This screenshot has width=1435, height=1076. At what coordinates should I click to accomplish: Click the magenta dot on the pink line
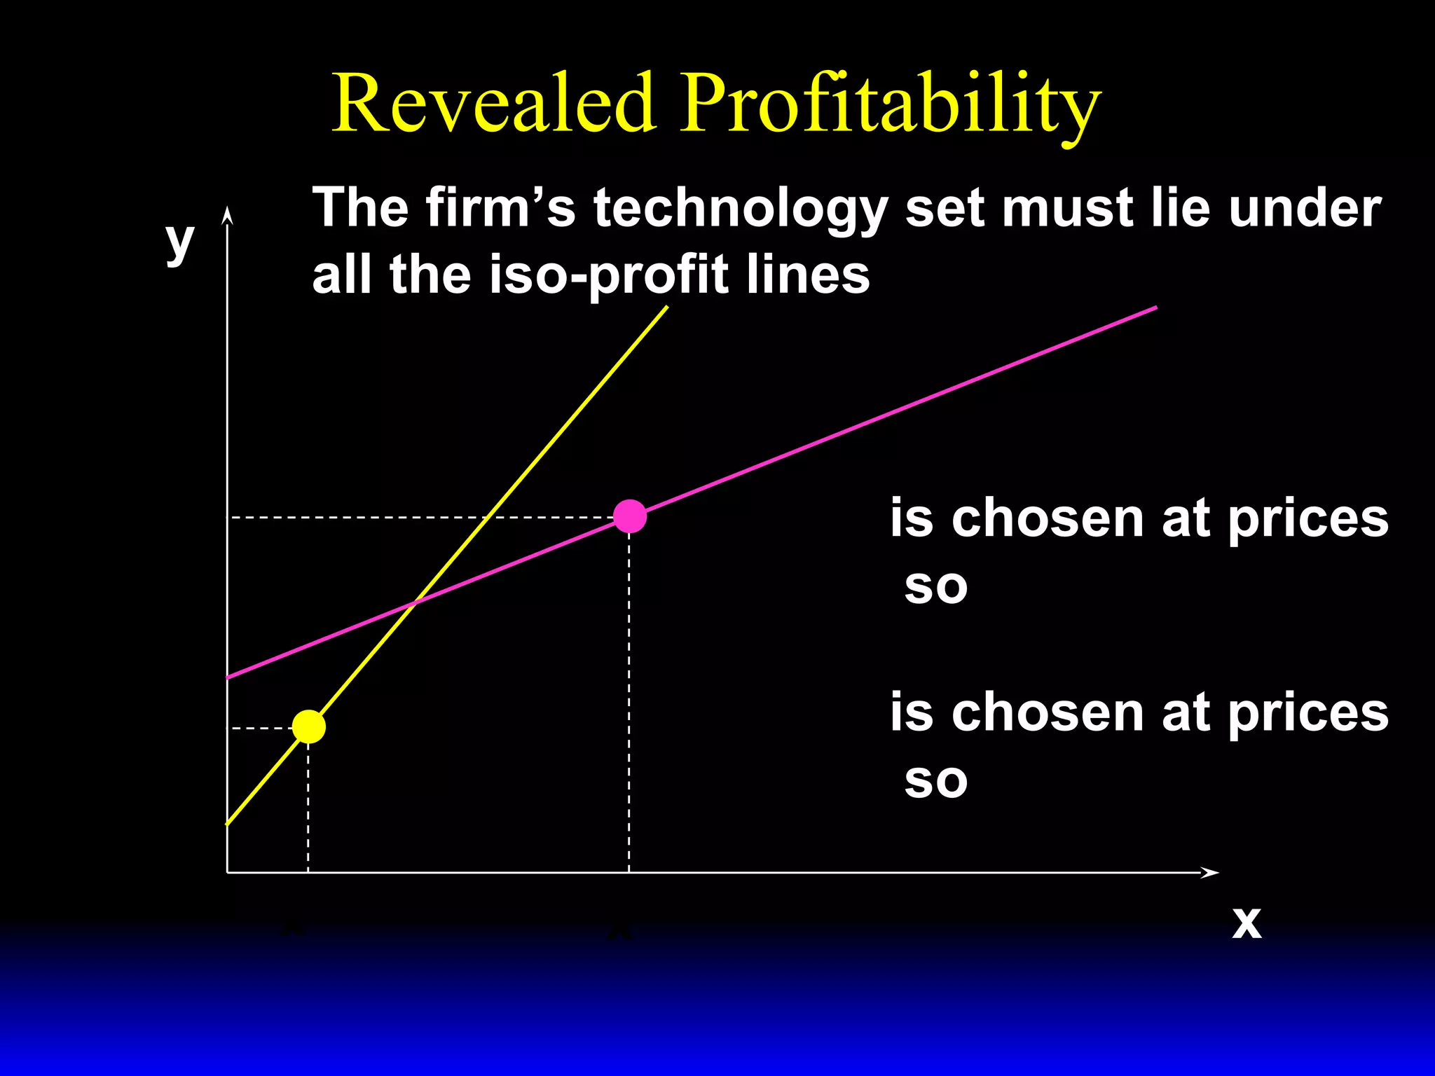pyautogui.click(x=629, y=516)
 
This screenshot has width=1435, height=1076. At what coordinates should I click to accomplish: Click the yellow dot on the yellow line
pyautogui.click(x=308, y=726)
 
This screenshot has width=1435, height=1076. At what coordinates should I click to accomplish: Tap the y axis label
pyautogui.click(x=179, y=241)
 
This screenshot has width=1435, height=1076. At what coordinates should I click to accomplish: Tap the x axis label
pyautogui.click(x=1247, y=922)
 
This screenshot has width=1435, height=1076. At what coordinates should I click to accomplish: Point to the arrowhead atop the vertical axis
pyautogui.click(x=226, y=213)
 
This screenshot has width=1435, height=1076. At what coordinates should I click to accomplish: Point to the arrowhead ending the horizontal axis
pyautogui.click(x=1211, y=872)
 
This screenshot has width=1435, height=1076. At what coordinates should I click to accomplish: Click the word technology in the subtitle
pyautogui.click(x=741, y=209)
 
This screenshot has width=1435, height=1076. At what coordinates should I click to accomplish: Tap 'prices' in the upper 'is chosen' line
pyautogui.click(x=1307, y=519)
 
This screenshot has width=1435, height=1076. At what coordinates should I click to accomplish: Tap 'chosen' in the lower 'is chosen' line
pyautogui.click(x=1048, y=712)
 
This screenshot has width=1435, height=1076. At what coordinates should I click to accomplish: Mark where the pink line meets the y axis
pyautogui.click(x=228, y=677)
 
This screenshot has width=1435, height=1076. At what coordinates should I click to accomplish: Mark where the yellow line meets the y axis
pyautogui.click(x=228, y=824)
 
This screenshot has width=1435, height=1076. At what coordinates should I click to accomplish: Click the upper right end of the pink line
pyautogui.click(x=1155, y=308)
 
